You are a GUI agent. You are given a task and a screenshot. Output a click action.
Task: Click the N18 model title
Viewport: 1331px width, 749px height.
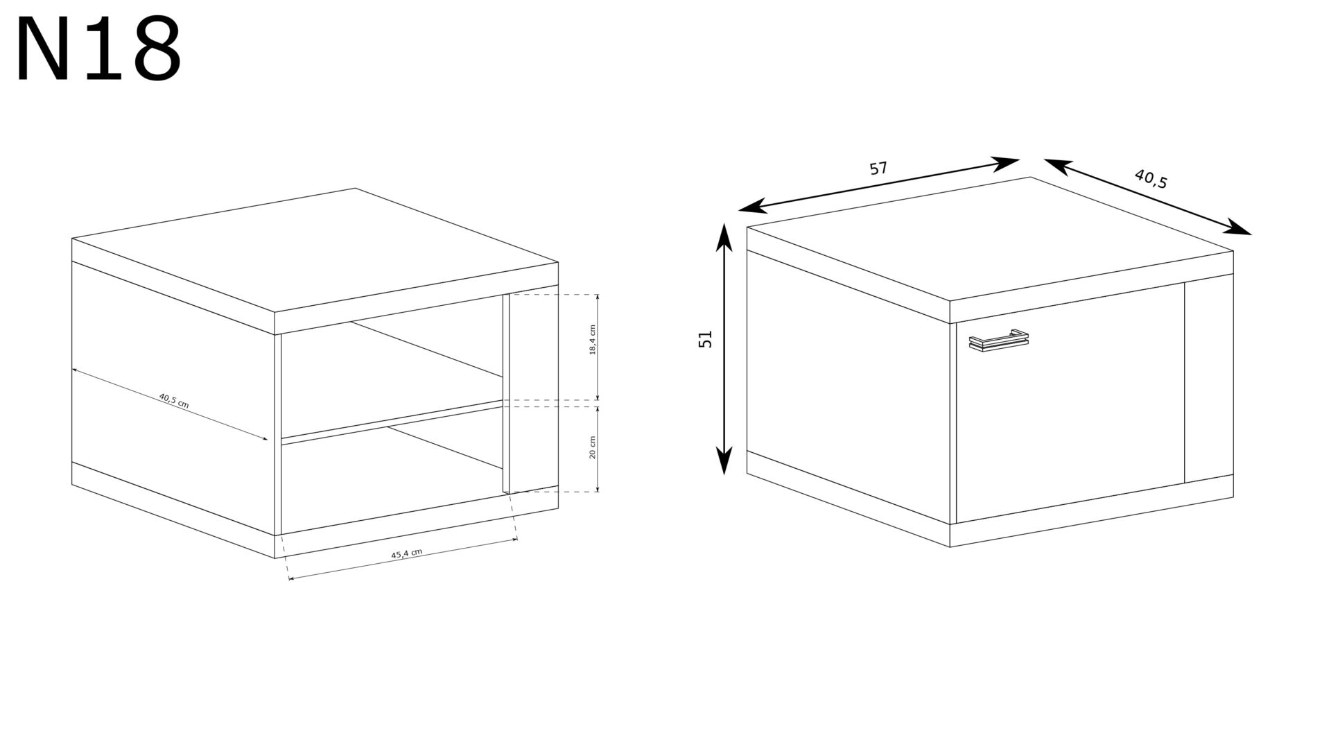click(99, 50)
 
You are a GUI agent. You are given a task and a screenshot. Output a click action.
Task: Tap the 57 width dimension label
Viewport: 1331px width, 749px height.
click(878, 169)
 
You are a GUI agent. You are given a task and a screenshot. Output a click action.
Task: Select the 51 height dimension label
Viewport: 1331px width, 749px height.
click(706, 338)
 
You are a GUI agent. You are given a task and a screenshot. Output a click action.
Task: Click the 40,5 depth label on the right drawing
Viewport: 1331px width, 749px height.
click(1151, 179)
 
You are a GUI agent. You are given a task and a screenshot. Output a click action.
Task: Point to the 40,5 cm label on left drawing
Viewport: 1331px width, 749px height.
click(173, 401)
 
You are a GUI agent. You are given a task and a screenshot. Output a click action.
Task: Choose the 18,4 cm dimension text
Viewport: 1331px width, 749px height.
click(593, 340)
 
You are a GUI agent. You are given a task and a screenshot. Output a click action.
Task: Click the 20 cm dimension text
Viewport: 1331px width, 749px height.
click(592, 447)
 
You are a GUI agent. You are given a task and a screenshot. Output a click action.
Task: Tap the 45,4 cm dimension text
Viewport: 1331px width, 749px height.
click(406, 553)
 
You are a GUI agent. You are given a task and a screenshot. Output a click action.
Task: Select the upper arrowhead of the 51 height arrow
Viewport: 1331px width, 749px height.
click(724, 236)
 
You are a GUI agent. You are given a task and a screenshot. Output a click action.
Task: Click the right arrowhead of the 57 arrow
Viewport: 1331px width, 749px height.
click(1005, 164)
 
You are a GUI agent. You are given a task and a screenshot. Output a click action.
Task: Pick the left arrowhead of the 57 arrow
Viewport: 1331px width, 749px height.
click(753, 205)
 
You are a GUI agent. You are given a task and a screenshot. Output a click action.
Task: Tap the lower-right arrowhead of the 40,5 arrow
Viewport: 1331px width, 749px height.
click(1238, 227)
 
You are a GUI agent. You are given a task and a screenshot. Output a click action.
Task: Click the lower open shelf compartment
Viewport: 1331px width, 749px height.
click(392, 479)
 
